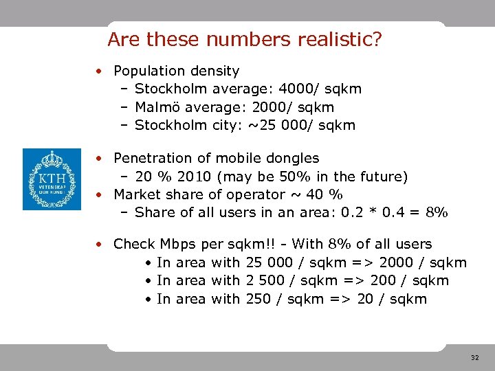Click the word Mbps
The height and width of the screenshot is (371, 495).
177,244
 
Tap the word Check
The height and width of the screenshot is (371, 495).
135,244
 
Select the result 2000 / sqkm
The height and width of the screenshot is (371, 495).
420,262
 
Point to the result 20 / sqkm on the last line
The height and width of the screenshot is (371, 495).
393,299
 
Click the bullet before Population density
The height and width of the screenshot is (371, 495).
100,71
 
